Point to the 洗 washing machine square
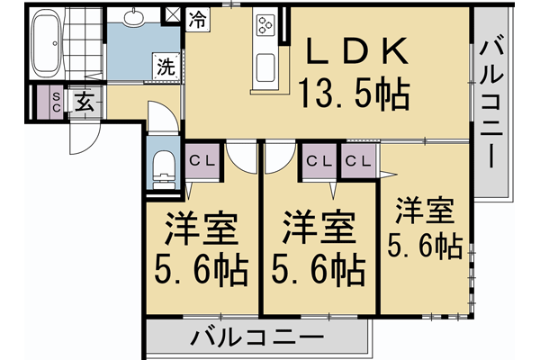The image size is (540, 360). click(166, 66)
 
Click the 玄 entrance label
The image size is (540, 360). click(84, 102)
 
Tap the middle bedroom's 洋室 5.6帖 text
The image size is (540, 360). click(319, 247)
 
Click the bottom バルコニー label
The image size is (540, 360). click(256, 339)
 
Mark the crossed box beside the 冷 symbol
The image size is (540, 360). click(174, 15)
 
